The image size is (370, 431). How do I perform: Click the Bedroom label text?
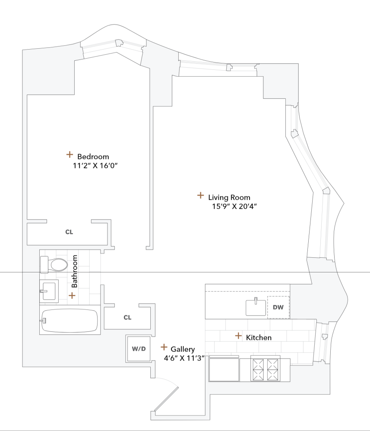pyautogui.click(x=93, y=156)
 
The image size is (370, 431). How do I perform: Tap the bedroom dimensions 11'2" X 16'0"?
pyautogui.click(x=95, y=166)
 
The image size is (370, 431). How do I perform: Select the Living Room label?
pyautogui.click(x=229, y=197)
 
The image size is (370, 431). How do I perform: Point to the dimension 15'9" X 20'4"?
pyautogui.click(x=234, y=206)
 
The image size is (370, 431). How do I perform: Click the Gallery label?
pyautogui.click(x=183, y=349)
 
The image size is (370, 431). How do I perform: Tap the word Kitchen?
pyautogui.click(x=259, y=337)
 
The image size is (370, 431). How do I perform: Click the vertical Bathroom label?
pyautogui.click(x=74, y=272)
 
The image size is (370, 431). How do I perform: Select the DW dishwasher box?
pyautogui.click(x=278, y=307)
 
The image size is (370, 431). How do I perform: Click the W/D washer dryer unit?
pyautogui.click(x=139, y=349)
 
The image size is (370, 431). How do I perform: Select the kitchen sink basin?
pyautogui.click(x=256, y=307)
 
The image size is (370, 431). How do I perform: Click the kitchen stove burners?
pyautogui.click(x=266, y=370)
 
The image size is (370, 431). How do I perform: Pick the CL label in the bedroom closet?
pyautogui.click(x=69, y=232)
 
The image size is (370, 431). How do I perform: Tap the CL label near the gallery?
pyautogui.click(x=127, y=318)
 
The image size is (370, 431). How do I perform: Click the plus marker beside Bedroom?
pyautogui.click(x=69, y=154)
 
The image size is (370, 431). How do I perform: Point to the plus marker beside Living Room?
pyautogui.click(x=200, y=195)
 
